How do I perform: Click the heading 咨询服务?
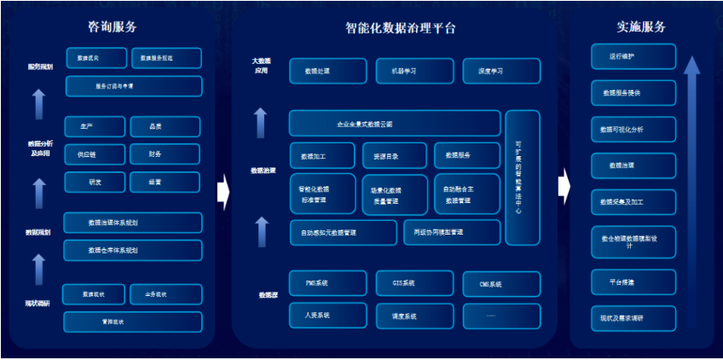click(x=113, y=27)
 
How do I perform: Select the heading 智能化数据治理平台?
click(x=400, y=27)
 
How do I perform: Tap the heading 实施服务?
click(x=641, y=27)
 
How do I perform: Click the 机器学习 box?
click(x=414, y=71)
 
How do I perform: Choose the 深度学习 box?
click(x=501, y=71)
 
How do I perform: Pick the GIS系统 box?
click(x=414, y=283)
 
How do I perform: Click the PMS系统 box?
click(x=328, y=283)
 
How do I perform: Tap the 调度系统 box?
click(x=414, y=316)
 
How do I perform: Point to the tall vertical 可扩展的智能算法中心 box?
click(x=522, y=177)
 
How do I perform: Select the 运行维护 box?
click(x=633, y=57)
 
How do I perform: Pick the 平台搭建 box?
click(x=633, y=282)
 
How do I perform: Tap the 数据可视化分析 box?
click(x=633, y=130)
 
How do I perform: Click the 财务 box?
click(x=165, y=154)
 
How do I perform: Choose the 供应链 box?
click(x=94, y=154)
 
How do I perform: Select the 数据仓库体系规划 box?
click(x=132, y=251)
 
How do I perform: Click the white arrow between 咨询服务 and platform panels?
click(x=223, y=191)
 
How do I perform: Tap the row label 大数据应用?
click(x=260, y=66)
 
